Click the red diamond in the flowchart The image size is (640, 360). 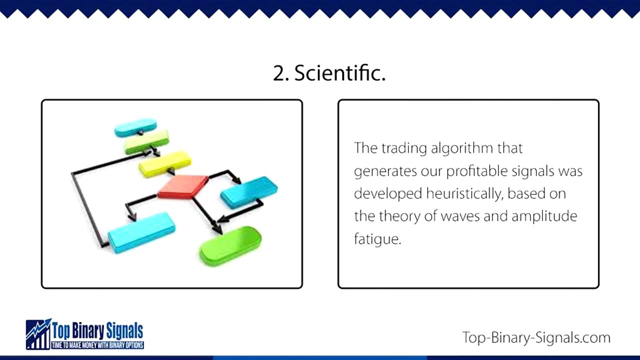183,186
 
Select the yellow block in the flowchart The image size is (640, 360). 165,163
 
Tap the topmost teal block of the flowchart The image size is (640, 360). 135,127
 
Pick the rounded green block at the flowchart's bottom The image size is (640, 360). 230,245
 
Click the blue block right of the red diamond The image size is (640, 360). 249,191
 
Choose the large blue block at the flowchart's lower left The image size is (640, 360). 141,232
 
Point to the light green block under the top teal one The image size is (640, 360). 146,141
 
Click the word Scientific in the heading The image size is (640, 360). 339,73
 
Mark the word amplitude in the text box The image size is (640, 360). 544,216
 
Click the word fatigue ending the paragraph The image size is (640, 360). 377,239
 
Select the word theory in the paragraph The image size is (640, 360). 399,216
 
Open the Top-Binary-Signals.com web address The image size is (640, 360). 536,337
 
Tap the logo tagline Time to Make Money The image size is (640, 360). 98,345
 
